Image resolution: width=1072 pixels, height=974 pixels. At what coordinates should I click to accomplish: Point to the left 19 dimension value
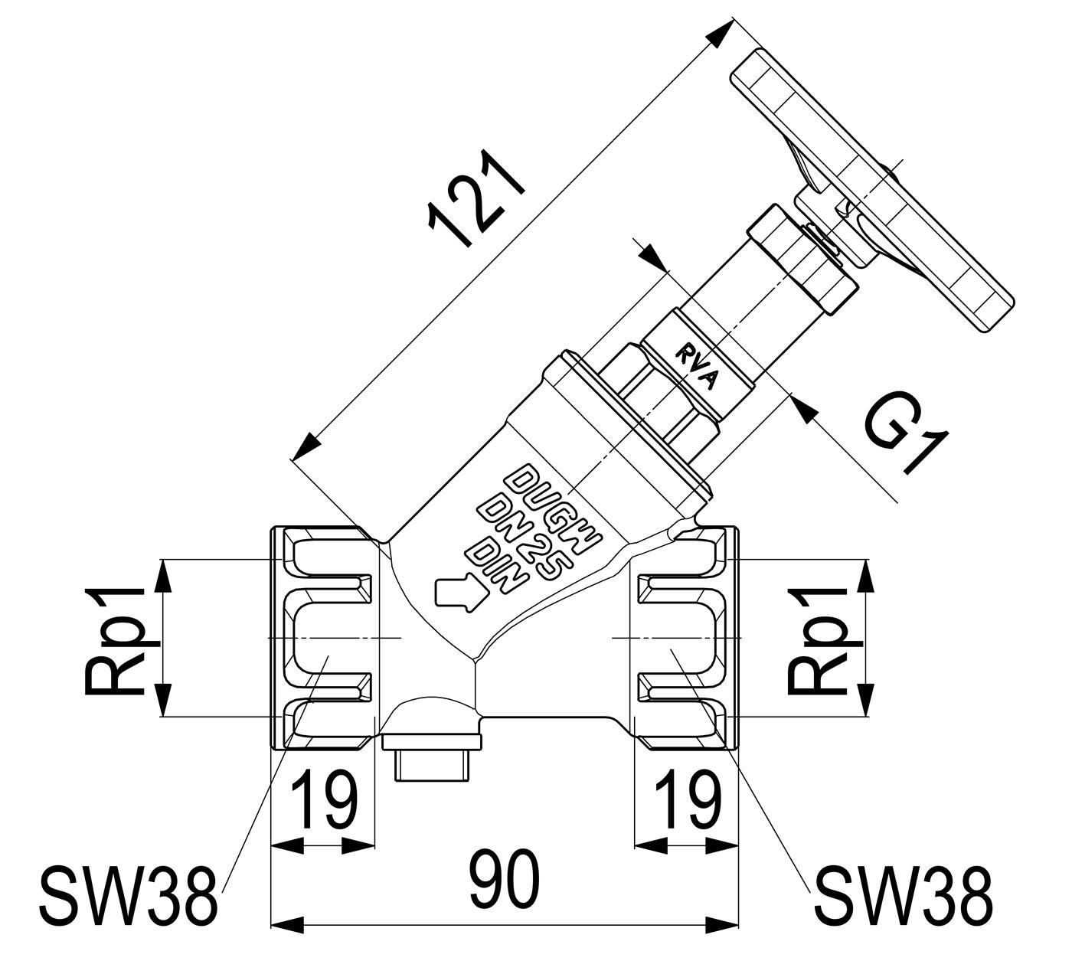323,800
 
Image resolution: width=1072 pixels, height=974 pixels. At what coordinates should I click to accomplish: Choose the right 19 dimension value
688,800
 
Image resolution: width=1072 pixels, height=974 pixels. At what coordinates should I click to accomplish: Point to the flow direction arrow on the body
460,593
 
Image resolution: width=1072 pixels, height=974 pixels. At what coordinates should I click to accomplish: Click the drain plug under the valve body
433,755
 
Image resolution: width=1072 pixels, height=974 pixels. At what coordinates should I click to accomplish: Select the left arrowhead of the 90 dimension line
287,925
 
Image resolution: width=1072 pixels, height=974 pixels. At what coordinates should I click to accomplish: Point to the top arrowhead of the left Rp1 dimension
164,575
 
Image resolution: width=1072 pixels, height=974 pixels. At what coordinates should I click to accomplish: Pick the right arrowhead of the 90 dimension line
722,925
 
